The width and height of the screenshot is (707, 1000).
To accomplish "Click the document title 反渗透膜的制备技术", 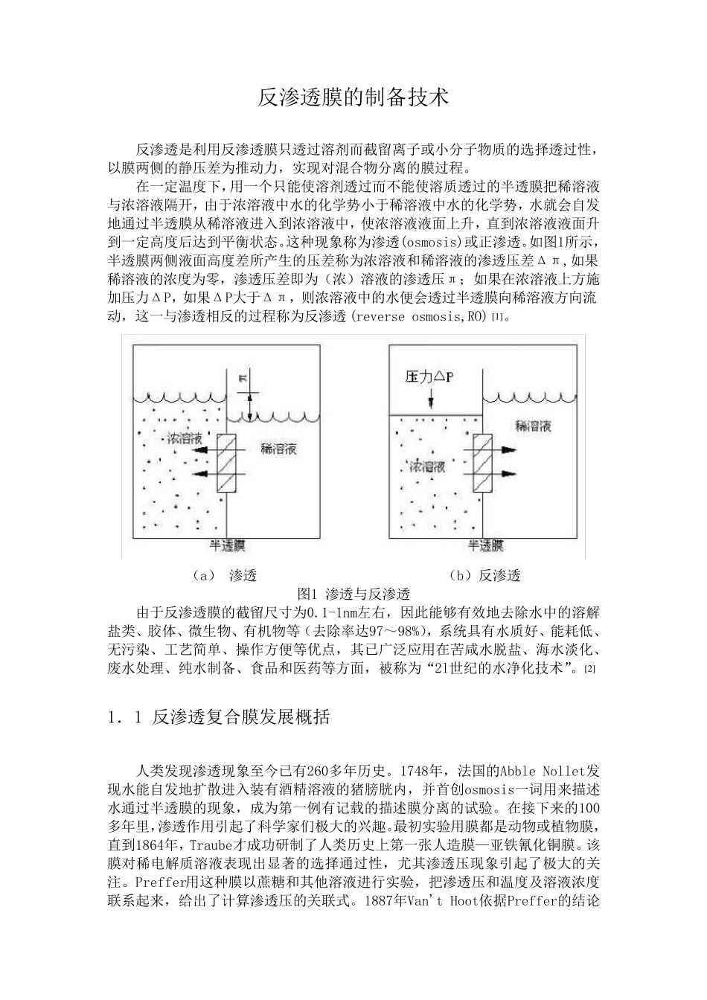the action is [353, 97].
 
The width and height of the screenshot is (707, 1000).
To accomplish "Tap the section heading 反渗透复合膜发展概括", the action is [241, 718].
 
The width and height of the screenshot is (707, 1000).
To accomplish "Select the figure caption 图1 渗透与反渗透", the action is [353, 594].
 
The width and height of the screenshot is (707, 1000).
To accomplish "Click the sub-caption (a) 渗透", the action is [223, 575].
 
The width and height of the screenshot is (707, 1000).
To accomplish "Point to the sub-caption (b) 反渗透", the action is [484, 575].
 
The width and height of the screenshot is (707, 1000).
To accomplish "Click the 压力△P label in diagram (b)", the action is [429, 378].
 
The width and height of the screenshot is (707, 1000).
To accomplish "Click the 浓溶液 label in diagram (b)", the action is [427, 467].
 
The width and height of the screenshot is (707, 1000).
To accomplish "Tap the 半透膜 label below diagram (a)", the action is [227, 545].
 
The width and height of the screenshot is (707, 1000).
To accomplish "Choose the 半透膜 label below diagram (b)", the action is [485, 545].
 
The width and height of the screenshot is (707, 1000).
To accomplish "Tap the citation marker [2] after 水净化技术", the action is [589, 669].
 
